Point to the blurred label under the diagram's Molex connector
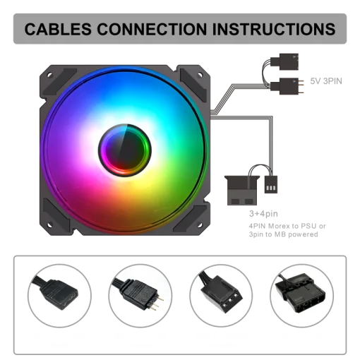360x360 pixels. (x=287, y=226)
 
